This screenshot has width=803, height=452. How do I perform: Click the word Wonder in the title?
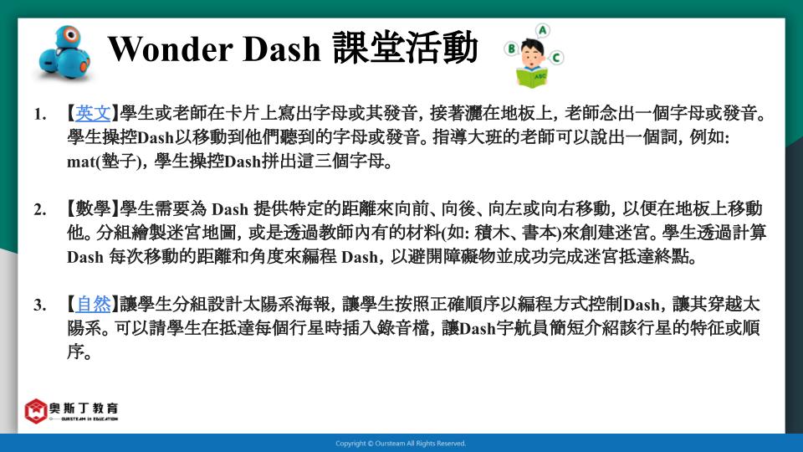coord(170,49)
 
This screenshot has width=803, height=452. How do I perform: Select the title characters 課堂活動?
coord(405,48)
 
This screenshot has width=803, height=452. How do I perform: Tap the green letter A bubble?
coord(542,31)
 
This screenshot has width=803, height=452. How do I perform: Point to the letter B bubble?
coord(511,49)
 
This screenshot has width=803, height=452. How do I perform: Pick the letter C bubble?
coord(556,57)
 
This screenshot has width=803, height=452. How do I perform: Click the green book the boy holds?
coord(532,78)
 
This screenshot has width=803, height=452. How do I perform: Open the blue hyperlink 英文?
coord(93,113)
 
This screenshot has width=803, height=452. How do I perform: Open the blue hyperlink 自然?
coord(93,305)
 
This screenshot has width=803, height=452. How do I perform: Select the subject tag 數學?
coord(93,208)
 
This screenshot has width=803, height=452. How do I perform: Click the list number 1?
coord(40,115)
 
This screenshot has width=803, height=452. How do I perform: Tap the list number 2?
coord(40,209)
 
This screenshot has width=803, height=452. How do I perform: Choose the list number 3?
coord(40,306)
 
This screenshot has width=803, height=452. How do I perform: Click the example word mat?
coord(80,162)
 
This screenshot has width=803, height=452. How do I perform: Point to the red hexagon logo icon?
coord(36,411)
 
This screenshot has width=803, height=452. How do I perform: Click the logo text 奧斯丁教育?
coord(84,408)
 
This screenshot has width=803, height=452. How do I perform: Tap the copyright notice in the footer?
coord(401,444)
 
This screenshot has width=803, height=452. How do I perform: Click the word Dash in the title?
coord(281,49)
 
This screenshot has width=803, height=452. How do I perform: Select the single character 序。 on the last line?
coord(79,352)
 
